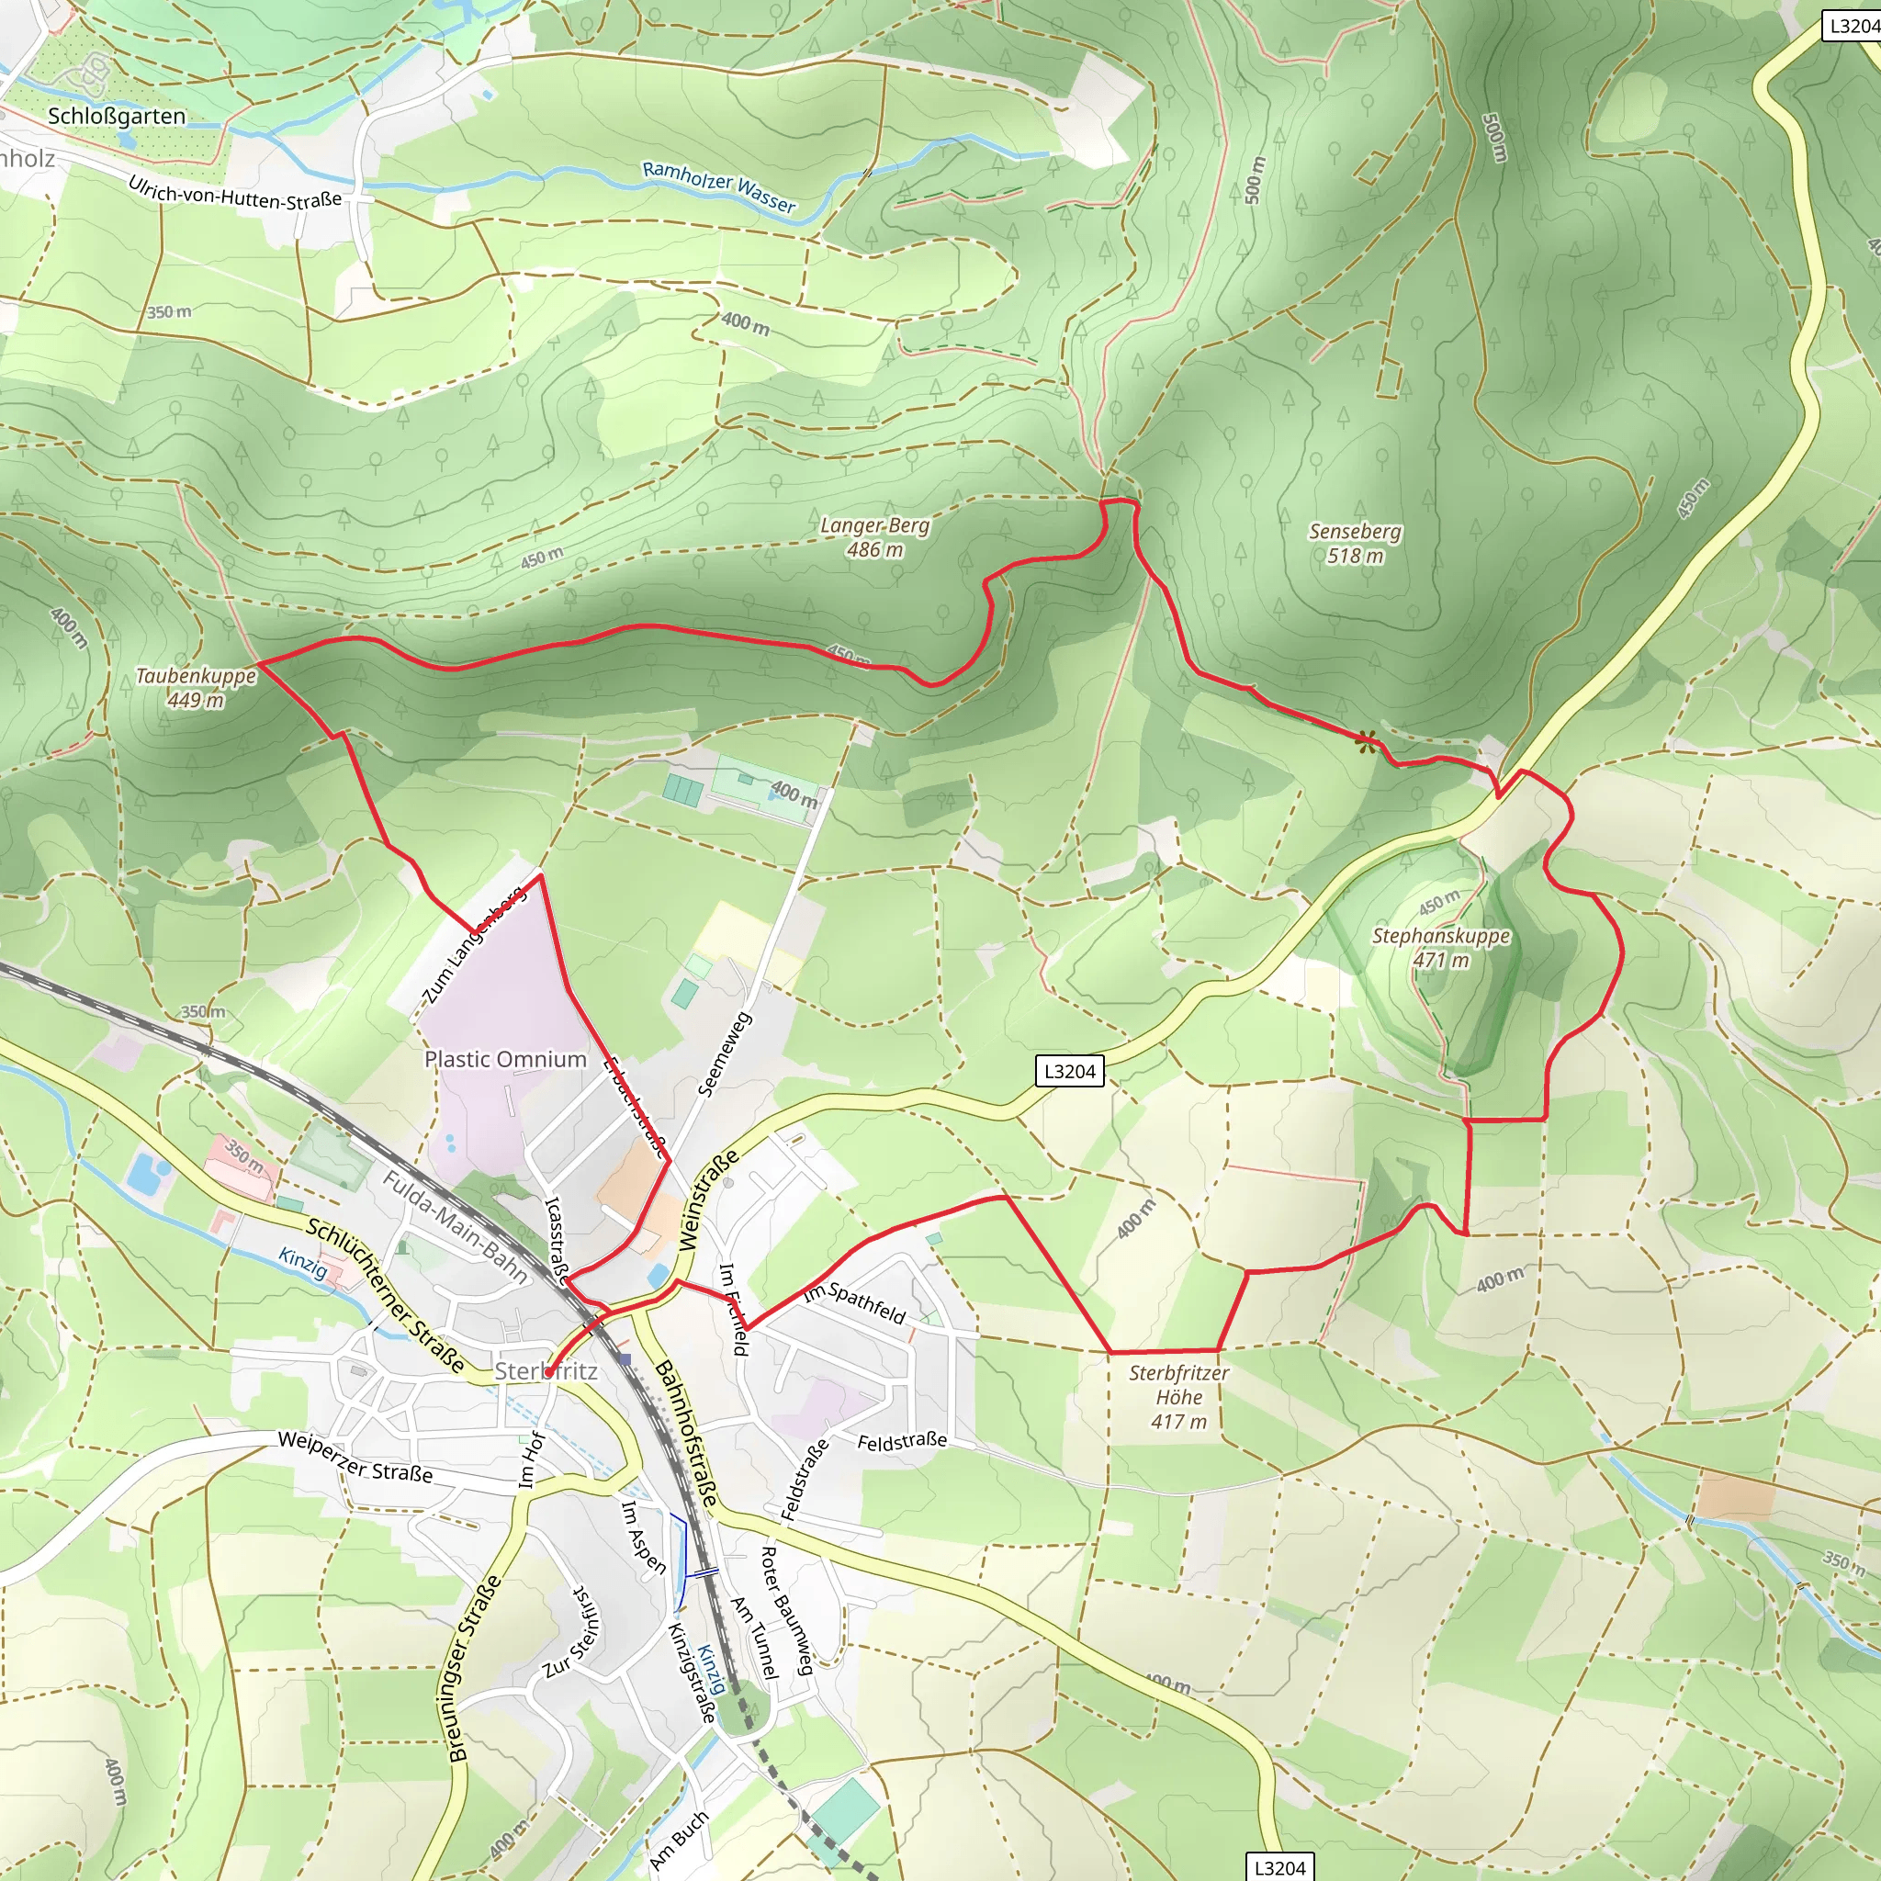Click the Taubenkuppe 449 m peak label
point(195,687)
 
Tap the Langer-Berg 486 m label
point(874,537)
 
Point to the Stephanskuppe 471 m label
point(1441,947)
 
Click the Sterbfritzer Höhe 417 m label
point(1178,1397)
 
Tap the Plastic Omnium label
point(505,1059)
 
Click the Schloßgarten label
point(116,116)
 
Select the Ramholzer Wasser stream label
point(718,186)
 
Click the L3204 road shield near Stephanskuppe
point(1069,1071)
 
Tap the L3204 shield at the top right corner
point(1851,26)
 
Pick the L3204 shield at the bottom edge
point(1279,1866)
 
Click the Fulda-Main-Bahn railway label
point(455,1228)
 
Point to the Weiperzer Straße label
point(355,1457)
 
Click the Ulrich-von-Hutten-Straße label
point(234,192)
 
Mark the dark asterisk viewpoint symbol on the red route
point(1366,742)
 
